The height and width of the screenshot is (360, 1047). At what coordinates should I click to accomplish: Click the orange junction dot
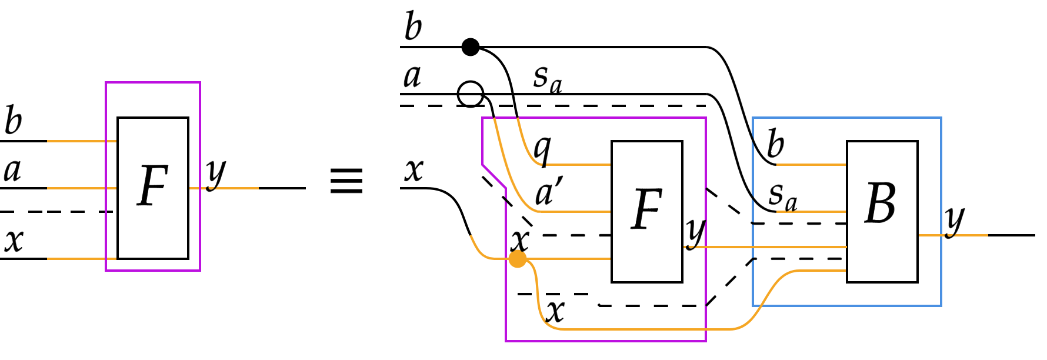coord(517,259)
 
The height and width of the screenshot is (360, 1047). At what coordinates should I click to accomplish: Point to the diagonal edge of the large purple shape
coord(494,176)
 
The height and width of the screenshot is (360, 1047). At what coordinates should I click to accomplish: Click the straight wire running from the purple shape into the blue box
coord(765,247)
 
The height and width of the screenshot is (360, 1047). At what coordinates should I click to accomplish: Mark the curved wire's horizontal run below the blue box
coord(647,329)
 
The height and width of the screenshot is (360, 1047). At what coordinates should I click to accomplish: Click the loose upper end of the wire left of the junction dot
coord(471,236)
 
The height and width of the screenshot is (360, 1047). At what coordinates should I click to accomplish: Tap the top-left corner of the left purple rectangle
coord(106,82)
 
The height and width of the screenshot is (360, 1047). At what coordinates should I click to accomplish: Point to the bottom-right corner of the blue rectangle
coord(941,306)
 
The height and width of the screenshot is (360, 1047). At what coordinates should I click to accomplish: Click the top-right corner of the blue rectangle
coord(941,118)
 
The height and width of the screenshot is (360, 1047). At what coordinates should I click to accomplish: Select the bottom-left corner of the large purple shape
coord(506,341)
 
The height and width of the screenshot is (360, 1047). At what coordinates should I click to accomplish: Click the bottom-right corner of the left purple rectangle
coord(200,271)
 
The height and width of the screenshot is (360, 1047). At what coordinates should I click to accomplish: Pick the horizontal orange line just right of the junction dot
coord(571,259)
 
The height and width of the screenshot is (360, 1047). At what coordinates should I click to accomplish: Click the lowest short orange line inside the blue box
coord(823,271)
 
